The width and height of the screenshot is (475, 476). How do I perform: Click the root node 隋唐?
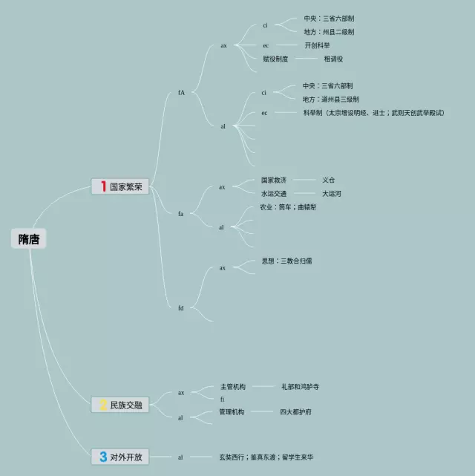[29, 239]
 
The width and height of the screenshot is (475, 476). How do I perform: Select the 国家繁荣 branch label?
[125, 187]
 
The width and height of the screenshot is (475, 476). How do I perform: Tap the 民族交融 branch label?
[125, 405]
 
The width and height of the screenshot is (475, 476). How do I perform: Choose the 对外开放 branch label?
[125, 457]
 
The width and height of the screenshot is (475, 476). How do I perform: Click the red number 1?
[103, 187]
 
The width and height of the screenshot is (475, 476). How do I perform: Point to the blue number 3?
[103, 457]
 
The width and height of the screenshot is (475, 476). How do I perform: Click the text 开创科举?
[318, 45]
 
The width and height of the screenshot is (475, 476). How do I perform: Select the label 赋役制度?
[275, 59]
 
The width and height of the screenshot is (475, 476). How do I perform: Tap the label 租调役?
[333, 59]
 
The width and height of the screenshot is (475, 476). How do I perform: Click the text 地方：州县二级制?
[329, 32]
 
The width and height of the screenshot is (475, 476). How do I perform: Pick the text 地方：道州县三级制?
[330, 100]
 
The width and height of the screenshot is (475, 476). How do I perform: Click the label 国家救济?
[273, 180]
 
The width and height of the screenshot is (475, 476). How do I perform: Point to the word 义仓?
[329, 180]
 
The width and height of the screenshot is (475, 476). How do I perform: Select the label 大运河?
[332, 193]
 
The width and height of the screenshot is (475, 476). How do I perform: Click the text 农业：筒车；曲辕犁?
[287, 206]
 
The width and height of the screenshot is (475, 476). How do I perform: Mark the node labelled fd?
[180, 307]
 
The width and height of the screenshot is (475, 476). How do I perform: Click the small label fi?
[223, 400]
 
